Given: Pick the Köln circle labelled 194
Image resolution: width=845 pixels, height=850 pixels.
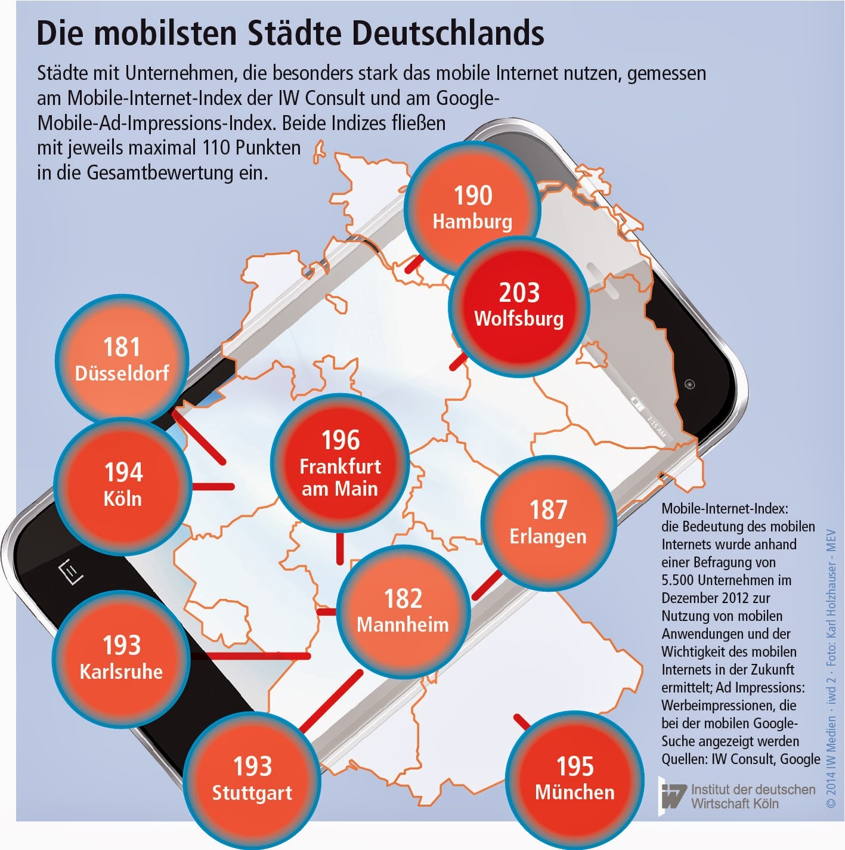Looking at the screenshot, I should click(x=123, y=486).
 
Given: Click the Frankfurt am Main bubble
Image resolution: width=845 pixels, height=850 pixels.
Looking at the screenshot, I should click(x=340, y=463).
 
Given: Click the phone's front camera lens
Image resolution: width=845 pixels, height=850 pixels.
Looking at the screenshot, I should click(x=690, y=384).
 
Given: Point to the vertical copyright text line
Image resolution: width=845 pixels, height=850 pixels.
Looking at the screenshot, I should click(x=831, y=668).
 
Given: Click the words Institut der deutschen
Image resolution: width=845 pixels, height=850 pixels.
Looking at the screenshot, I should click(x=753, y=789).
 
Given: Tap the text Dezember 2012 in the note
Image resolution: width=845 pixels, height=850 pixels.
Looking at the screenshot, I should click(x=716, y=598).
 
